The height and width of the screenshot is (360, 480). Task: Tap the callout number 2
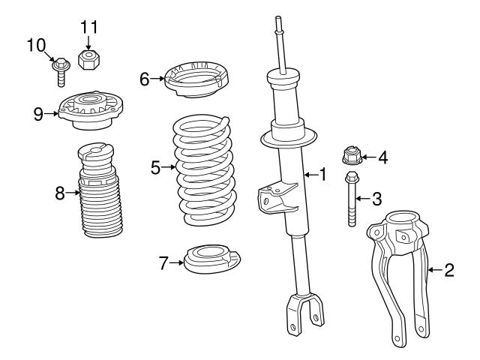pyautogui.click(x=449, y=270)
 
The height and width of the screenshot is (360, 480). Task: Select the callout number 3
pyautogui.click(x=376, y=199)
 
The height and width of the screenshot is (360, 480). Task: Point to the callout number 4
pyautogui.click(x=382, y=157)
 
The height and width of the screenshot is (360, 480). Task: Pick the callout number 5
pyautogui.click(x=155, y=167)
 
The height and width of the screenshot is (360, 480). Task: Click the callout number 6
pyautogui.click(x=145, y=77)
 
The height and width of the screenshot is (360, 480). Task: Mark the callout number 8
pyautogui.click(x=61, y=193)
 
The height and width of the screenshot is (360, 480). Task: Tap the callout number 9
pyautogui.click(x=38, y=113)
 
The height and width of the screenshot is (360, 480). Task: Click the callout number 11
pyautogui.click(x=89, y=28)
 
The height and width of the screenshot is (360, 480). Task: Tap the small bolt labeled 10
pyautogui.click(x=61, y=71)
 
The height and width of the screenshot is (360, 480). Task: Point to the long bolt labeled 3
pyautogui.click(x=351, y=199)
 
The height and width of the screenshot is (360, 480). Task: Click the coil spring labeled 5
pyautogui.click(x=205, y=169)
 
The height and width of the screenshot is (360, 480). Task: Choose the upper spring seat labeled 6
pyautogui.click(x=196, y=78)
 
